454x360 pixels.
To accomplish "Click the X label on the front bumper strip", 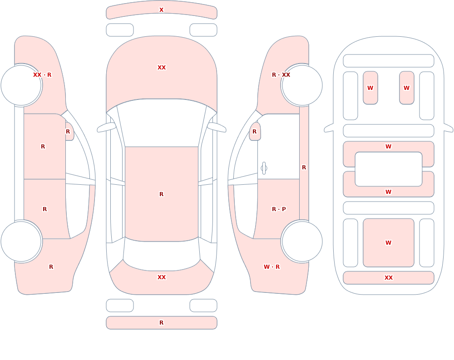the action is pos(161,10).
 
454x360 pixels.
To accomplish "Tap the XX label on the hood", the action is pos(162,68).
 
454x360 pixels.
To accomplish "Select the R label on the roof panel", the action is pos(161,194).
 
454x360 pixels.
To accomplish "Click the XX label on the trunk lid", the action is pos(162,277).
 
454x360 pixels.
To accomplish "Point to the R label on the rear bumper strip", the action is pos(161,323).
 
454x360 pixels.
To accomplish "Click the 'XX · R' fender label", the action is pos(42,75).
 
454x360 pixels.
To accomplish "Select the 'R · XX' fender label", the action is pos(281,75).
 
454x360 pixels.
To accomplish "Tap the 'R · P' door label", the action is pos(279,209).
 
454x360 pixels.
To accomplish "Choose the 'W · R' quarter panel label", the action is pos(271,267).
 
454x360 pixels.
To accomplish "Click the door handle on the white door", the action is pos(264,168).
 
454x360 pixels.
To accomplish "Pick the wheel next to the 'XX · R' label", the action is pos(21,85).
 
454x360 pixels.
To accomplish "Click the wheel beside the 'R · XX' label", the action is pos(302,85).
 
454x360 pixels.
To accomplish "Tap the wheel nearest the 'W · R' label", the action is pos(302,242).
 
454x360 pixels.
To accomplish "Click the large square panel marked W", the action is pos(389,243).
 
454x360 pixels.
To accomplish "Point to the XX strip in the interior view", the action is pos(389,278).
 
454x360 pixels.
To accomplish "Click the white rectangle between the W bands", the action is pos(389,169).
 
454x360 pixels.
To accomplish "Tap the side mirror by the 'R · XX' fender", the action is pos(255,131).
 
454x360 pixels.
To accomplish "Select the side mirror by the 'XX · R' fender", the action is pos(69,131).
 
